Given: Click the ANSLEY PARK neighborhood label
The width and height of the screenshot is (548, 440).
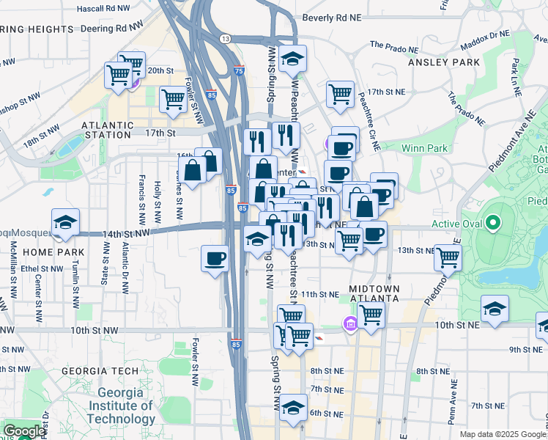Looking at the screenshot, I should [x=443, y=62].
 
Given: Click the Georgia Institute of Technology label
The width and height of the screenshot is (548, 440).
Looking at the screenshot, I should [x=122, y=406].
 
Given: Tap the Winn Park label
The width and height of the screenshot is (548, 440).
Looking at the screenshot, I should [x=424, y=148].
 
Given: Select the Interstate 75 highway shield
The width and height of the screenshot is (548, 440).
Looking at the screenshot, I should [x=240, y=70].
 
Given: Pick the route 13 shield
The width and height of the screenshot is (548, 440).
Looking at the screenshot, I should [x=225, y=38].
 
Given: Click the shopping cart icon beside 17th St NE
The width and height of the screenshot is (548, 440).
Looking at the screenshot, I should [x=340, y=93].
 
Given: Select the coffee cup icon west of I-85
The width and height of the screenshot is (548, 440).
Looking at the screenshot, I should [x=215, y=259].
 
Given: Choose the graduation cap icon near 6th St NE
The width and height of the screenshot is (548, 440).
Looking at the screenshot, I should [x=293, y=407].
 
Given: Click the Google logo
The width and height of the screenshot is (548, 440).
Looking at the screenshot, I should [x=23, y=431].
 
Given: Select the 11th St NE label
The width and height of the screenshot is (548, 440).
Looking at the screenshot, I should [x=319, y=294].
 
